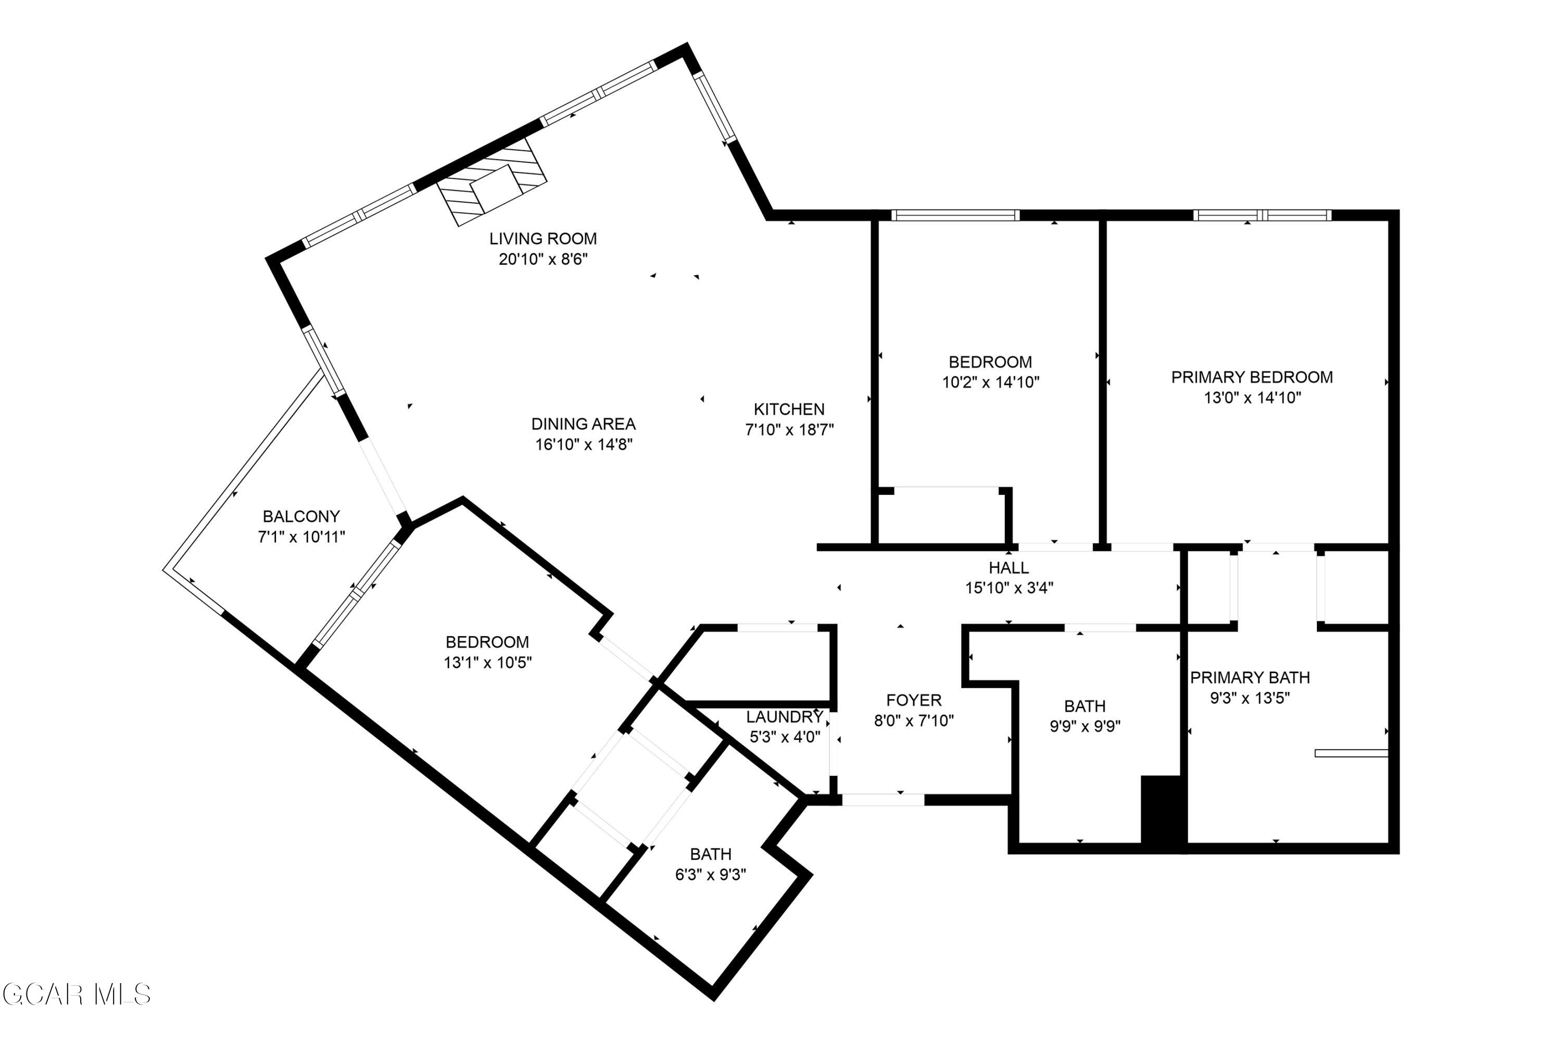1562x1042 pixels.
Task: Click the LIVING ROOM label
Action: (543, 239)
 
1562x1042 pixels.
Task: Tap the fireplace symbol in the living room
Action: (492, 182)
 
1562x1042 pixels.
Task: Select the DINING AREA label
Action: (583, 424)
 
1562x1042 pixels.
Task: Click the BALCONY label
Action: (301, 516)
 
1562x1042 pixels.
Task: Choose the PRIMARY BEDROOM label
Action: (1252, 377)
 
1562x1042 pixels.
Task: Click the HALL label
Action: (1009, 567)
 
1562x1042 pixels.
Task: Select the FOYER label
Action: (914, 700)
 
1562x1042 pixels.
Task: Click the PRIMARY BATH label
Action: (1250, 677)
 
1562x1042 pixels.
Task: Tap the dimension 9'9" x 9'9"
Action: (1085, 726)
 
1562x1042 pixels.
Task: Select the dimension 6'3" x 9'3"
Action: (711, 875)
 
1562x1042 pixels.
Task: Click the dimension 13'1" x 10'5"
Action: (487, 663)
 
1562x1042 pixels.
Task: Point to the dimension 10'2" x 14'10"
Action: (990, 382)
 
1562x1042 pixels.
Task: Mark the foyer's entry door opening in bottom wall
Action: (883, 800)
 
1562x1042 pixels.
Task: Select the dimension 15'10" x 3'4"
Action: (1009, 588)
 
